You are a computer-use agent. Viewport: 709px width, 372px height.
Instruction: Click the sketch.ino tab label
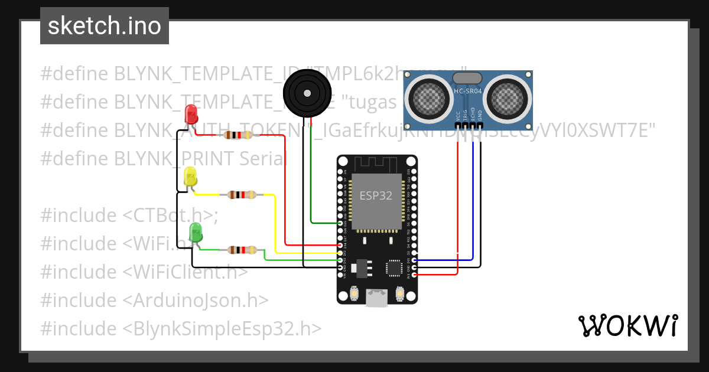point(104,26)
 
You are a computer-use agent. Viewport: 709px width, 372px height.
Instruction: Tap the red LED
point(191,113)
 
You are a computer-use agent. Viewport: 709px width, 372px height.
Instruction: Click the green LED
point(196,232)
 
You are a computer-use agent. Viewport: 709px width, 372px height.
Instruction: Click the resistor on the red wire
point(238,135)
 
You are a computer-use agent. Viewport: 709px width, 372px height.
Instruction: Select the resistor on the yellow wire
point(242,194)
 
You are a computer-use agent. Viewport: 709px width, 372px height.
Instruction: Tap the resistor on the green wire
point(242,250)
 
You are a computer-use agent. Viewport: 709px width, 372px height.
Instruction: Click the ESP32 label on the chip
point(376,196)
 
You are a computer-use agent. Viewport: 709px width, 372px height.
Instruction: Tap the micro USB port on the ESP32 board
point(376,298)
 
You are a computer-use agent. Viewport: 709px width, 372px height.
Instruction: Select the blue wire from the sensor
point(473,201)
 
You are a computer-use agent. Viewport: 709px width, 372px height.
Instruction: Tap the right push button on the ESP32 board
point(399,293)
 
